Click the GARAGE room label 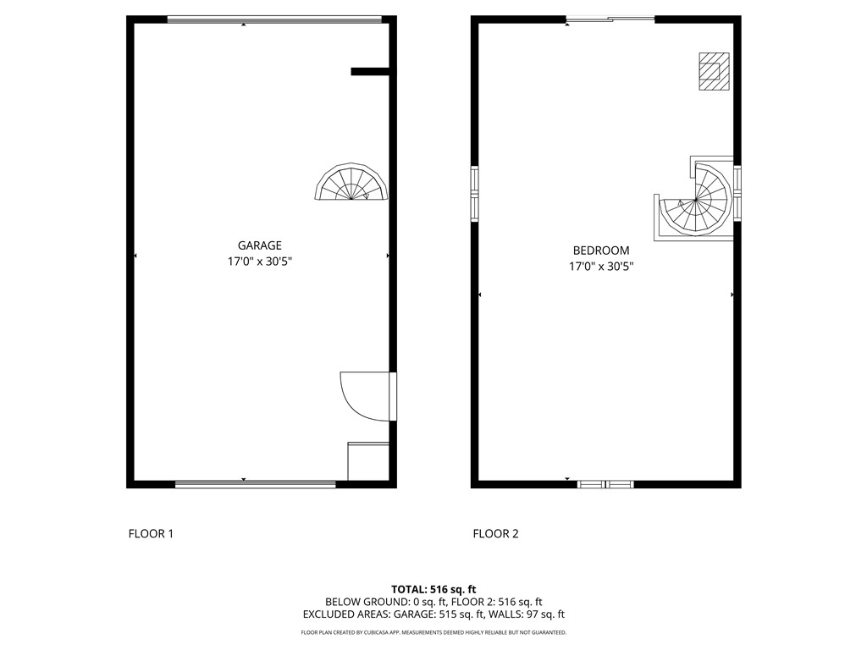[260, 245]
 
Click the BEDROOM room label [601, 251]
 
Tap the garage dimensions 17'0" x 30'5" [260, 262]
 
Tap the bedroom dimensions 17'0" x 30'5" [601, 267]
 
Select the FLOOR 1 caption [151, 533]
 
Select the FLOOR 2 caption [495, 533]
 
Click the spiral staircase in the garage [352, 185]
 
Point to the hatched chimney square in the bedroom [713, 71]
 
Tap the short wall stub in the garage [369, 72]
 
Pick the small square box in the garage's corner [367, 461]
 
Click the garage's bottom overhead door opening [255, 484]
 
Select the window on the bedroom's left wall [475, 194]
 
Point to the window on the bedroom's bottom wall [605, 484]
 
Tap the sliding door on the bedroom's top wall [610, 19]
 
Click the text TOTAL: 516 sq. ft [433, 589]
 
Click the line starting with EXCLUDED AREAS [433, 614]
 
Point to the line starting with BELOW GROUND [433, 602]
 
